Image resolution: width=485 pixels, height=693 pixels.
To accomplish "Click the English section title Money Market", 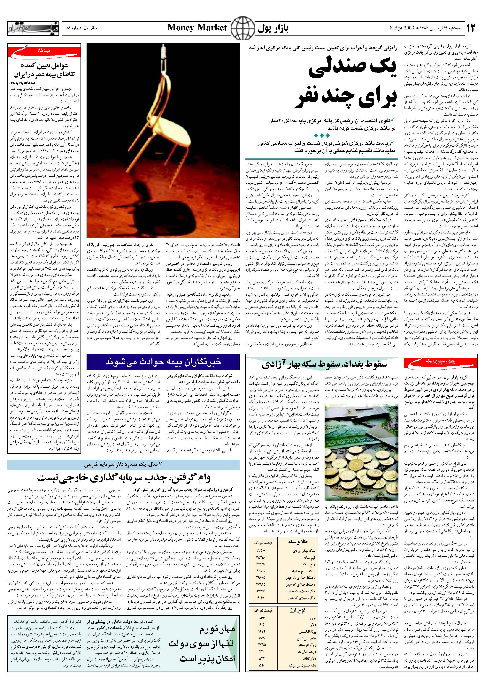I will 197,28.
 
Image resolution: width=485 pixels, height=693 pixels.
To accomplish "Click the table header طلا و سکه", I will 300,542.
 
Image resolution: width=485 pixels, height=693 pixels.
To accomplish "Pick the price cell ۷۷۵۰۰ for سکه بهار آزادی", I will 260,551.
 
